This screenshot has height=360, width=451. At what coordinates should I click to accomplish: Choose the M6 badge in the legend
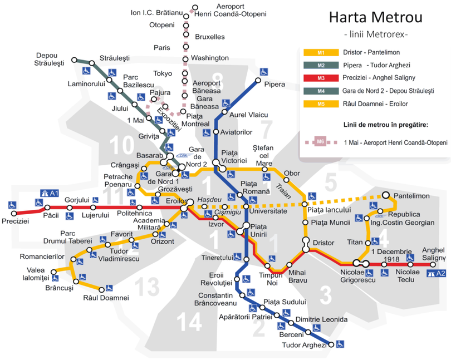[x=321, y=142]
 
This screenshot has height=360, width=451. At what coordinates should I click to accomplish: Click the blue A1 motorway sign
[x=49, y=193]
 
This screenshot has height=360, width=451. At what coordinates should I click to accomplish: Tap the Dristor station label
[x=323, y=243]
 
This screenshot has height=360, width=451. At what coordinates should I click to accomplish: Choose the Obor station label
[x=292, y=173]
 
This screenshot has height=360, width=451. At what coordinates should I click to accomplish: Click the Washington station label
[x=209, y=58]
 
